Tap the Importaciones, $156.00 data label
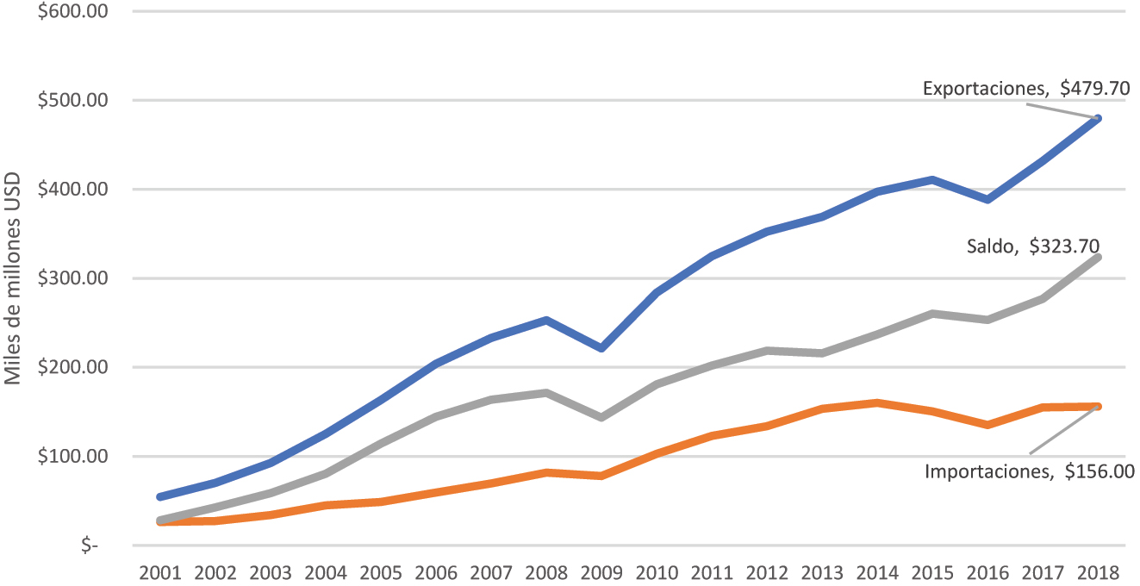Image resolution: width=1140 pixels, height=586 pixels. point(1029,471)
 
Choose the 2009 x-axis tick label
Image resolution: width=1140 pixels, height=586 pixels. point(602,572)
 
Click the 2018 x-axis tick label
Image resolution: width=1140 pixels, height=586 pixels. point(1099,572)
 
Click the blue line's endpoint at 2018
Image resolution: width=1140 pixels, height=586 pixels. point(1099,119)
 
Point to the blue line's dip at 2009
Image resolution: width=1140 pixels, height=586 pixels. point(602,348)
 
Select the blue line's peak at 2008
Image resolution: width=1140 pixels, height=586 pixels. point(547,320)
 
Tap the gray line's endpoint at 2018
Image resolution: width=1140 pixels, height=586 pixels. point(1099,257)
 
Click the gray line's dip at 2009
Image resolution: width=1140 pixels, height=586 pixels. point(602,417)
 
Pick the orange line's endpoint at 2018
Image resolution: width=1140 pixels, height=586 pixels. point(1099,406)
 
